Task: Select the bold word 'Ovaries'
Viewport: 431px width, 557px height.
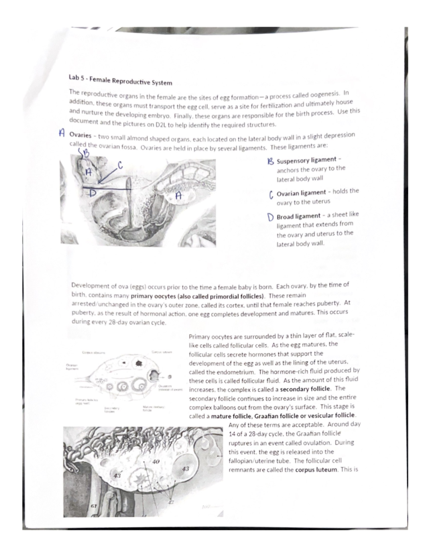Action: click(x=80, y=135)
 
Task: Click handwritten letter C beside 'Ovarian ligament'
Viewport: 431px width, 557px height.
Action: click(x=271, y=195)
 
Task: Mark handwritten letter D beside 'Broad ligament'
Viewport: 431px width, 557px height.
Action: click(x=271, y=217)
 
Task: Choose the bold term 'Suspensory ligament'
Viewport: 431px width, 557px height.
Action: click(x=306, y=160)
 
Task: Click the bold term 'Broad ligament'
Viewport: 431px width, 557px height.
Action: click(x=298, y=216)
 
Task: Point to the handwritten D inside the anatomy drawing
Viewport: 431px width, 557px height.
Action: click(x=93, y=193)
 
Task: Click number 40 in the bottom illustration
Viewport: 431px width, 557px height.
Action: click(x=156, y=462)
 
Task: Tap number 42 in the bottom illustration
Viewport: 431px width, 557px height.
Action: click(x=171, y=501)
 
